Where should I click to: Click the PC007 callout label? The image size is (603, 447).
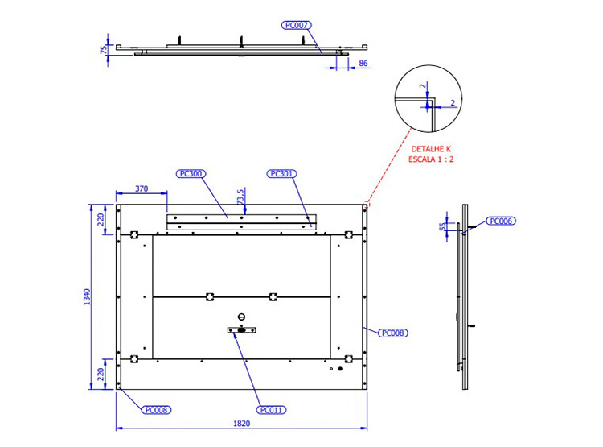(296, 26)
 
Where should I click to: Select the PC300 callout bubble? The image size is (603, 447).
(191, 174)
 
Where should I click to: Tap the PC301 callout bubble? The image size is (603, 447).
(282, 174)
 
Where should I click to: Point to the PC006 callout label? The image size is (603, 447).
(501, 221)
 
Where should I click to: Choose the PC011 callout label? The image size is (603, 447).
(272, 410)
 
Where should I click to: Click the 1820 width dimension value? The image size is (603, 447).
(241, 424)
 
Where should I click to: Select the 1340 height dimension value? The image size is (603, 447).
(88, 296)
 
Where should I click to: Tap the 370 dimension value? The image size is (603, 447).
(142, 188)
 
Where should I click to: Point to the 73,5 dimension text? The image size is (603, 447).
(240, 197)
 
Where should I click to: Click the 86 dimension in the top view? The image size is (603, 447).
(363, 63)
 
